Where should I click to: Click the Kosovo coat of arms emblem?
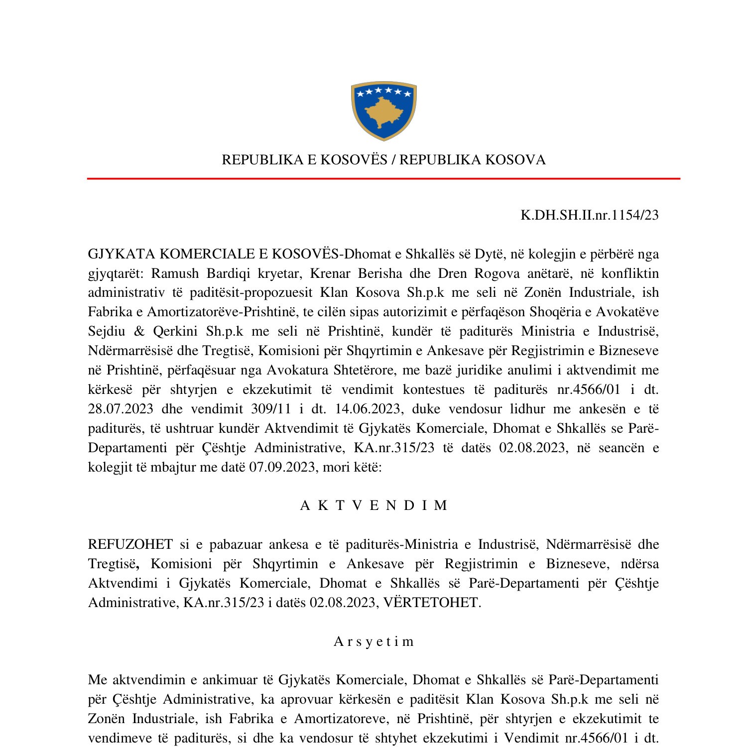click(383, 111)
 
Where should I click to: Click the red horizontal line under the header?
click(383, 178)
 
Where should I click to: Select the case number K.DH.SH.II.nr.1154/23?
click(589, 215)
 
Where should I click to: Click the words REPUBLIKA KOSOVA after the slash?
click(472, 160)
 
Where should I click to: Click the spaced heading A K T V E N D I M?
click(373, 505)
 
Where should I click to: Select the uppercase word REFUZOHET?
click(130, 544)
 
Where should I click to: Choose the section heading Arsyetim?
click(373, 641)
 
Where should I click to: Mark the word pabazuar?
click(234, 544)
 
